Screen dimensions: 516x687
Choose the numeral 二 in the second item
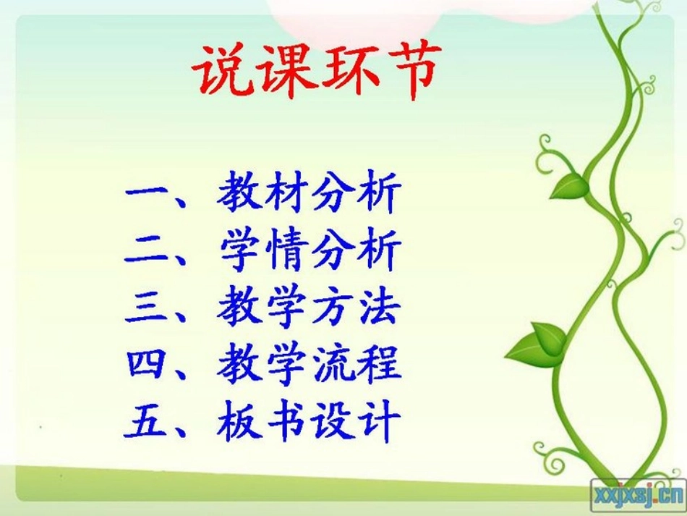pyautogui.click(x=148, y=251)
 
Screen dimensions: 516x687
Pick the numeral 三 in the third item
pyautogui.click(x=148, y=308)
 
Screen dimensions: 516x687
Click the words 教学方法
pyautogui.click(x=309, y=308)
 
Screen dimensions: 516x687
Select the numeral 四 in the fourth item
pyautogui.click(x=148, y=364)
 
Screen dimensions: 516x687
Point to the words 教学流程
pyautogui.click(x=309, y=364)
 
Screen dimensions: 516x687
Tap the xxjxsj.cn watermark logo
pyautogui.click(x=637, y=494)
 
